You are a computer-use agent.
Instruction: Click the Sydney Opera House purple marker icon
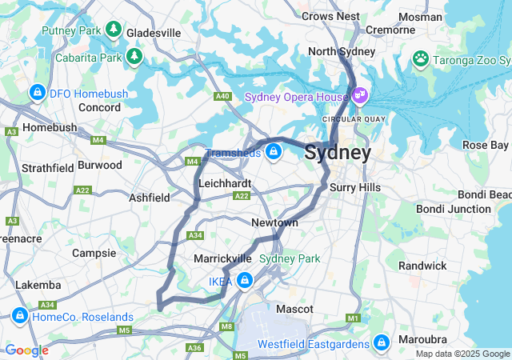[360, 97]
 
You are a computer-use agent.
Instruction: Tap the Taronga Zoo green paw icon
[419, 58]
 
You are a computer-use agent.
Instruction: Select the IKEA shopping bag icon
[243, 281]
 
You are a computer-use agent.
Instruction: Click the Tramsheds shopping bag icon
[274, 151]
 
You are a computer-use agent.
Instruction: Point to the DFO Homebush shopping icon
[37, 94]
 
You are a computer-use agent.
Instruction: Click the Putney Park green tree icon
[114, 30]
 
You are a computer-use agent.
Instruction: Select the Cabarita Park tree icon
[134, 56]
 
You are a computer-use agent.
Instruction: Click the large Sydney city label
[338, 152]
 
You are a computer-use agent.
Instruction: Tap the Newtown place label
[274, 222]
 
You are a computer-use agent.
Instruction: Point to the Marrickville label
[222, 259]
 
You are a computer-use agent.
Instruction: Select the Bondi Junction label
[453, 209]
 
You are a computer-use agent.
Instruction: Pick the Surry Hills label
[355, 187]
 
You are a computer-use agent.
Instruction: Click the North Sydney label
[342, 51]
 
